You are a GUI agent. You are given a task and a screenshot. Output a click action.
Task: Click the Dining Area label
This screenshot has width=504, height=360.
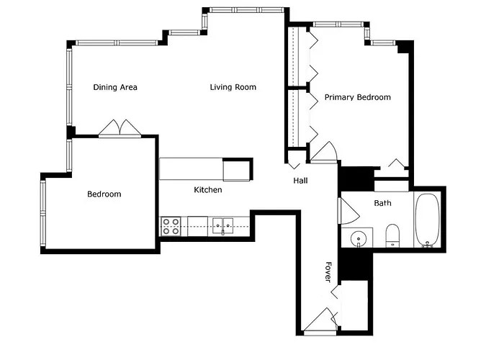115,87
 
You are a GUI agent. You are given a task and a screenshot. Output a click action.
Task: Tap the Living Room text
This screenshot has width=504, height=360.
233,87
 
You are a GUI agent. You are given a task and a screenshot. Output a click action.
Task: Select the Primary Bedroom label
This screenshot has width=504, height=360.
357,97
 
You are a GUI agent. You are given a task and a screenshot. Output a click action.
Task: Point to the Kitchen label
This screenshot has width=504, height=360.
208,189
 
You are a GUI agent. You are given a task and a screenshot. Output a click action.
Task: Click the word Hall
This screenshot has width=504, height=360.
300,181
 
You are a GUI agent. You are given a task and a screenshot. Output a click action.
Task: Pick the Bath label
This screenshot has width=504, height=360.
382,203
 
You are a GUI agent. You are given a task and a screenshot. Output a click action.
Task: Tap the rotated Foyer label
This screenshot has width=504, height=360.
328,272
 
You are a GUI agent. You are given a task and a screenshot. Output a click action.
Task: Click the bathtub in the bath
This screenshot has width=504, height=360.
427,220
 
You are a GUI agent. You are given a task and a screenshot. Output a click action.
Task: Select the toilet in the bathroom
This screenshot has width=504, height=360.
392,235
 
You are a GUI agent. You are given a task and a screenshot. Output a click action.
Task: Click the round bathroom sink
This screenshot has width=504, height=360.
358,239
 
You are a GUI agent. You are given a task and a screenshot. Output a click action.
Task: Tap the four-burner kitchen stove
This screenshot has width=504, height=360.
171,226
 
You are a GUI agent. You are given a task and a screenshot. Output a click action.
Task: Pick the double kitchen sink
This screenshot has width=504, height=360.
222,226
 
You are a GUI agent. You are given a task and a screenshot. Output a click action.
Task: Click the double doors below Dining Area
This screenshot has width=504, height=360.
120,129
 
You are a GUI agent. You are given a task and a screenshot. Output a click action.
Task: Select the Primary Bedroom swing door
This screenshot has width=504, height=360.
324,153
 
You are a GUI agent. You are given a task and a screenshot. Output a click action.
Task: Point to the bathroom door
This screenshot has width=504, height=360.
348,211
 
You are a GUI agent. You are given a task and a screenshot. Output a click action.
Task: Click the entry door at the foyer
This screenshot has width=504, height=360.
320,320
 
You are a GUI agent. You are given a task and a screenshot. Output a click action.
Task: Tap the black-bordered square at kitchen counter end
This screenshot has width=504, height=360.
238,169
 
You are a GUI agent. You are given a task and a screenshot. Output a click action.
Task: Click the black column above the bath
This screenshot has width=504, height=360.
357,179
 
